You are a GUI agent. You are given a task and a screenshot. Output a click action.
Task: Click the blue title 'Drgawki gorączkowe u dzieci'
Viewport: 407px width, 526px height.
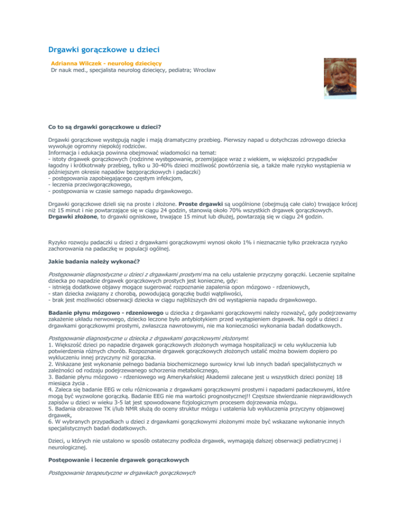(101, 51)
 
